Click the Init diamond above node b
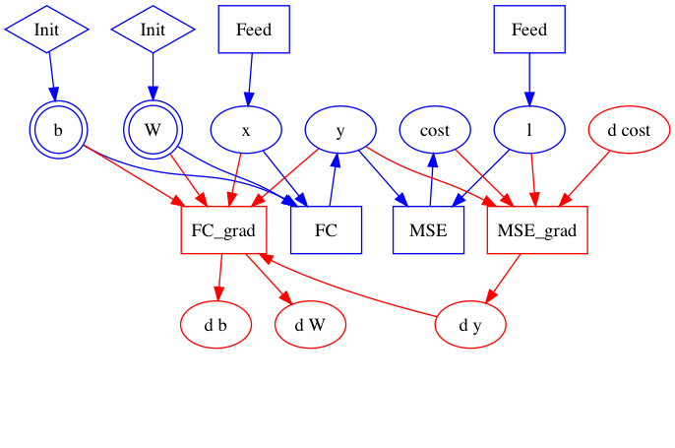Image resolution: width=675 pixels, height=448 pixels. click(x=46, y=30)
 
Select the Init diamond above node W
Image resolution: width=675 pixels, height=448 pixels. click(x=153, y=30)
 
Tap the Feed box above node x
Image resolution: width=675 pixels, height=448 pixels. click(x=254, y=30)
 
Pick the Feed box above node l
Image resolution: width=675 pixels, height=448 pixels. click(x=529, y=30)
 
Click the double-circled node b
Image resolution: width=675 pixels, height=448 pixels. click(x=58, y=130)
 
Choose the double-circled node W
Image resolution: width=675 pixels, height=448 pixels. click(x=153, y=130)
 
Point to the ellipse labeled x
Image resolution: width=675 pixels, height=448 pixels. click(x=246, y=130)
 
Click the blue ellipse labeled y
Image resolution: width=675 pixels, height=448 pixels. click(x=340, y=130)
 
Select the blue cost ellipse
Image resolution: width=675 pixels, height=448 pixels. click(x=435, y=130)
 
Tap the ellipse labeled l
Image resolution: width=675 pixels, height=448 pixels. click(x=529, y=130)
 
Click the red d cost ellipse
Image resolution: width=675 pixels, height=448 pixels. click(x=630, y=130)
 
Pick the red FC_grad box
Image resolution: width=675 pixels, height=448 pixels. click(x=224, y=230)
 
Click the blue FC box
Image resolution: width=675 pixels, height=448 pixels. click(x=327, y=230)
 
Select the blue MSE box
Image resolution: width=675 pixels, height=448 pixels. click(x=428, y=230)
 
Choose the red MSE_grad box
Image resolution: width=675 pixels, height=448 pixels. click(x=537, y=230)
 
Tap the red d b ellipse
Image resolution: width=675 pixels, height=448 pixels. click(x=215, y=324)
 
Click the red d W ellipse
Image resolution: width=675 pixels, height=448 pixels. click(x=310, y=324)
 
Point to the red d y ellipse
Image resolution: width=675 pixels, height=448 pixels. click(x=470, y=324)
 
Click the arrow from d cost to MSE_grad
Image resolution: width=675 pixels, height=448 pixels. click(x=584, y=179)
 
